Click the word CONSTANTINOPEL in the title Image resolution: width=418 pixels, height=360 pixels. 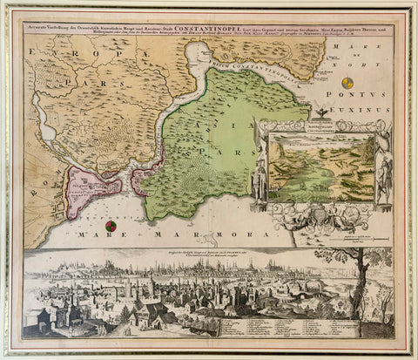(x=204, y=30)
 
